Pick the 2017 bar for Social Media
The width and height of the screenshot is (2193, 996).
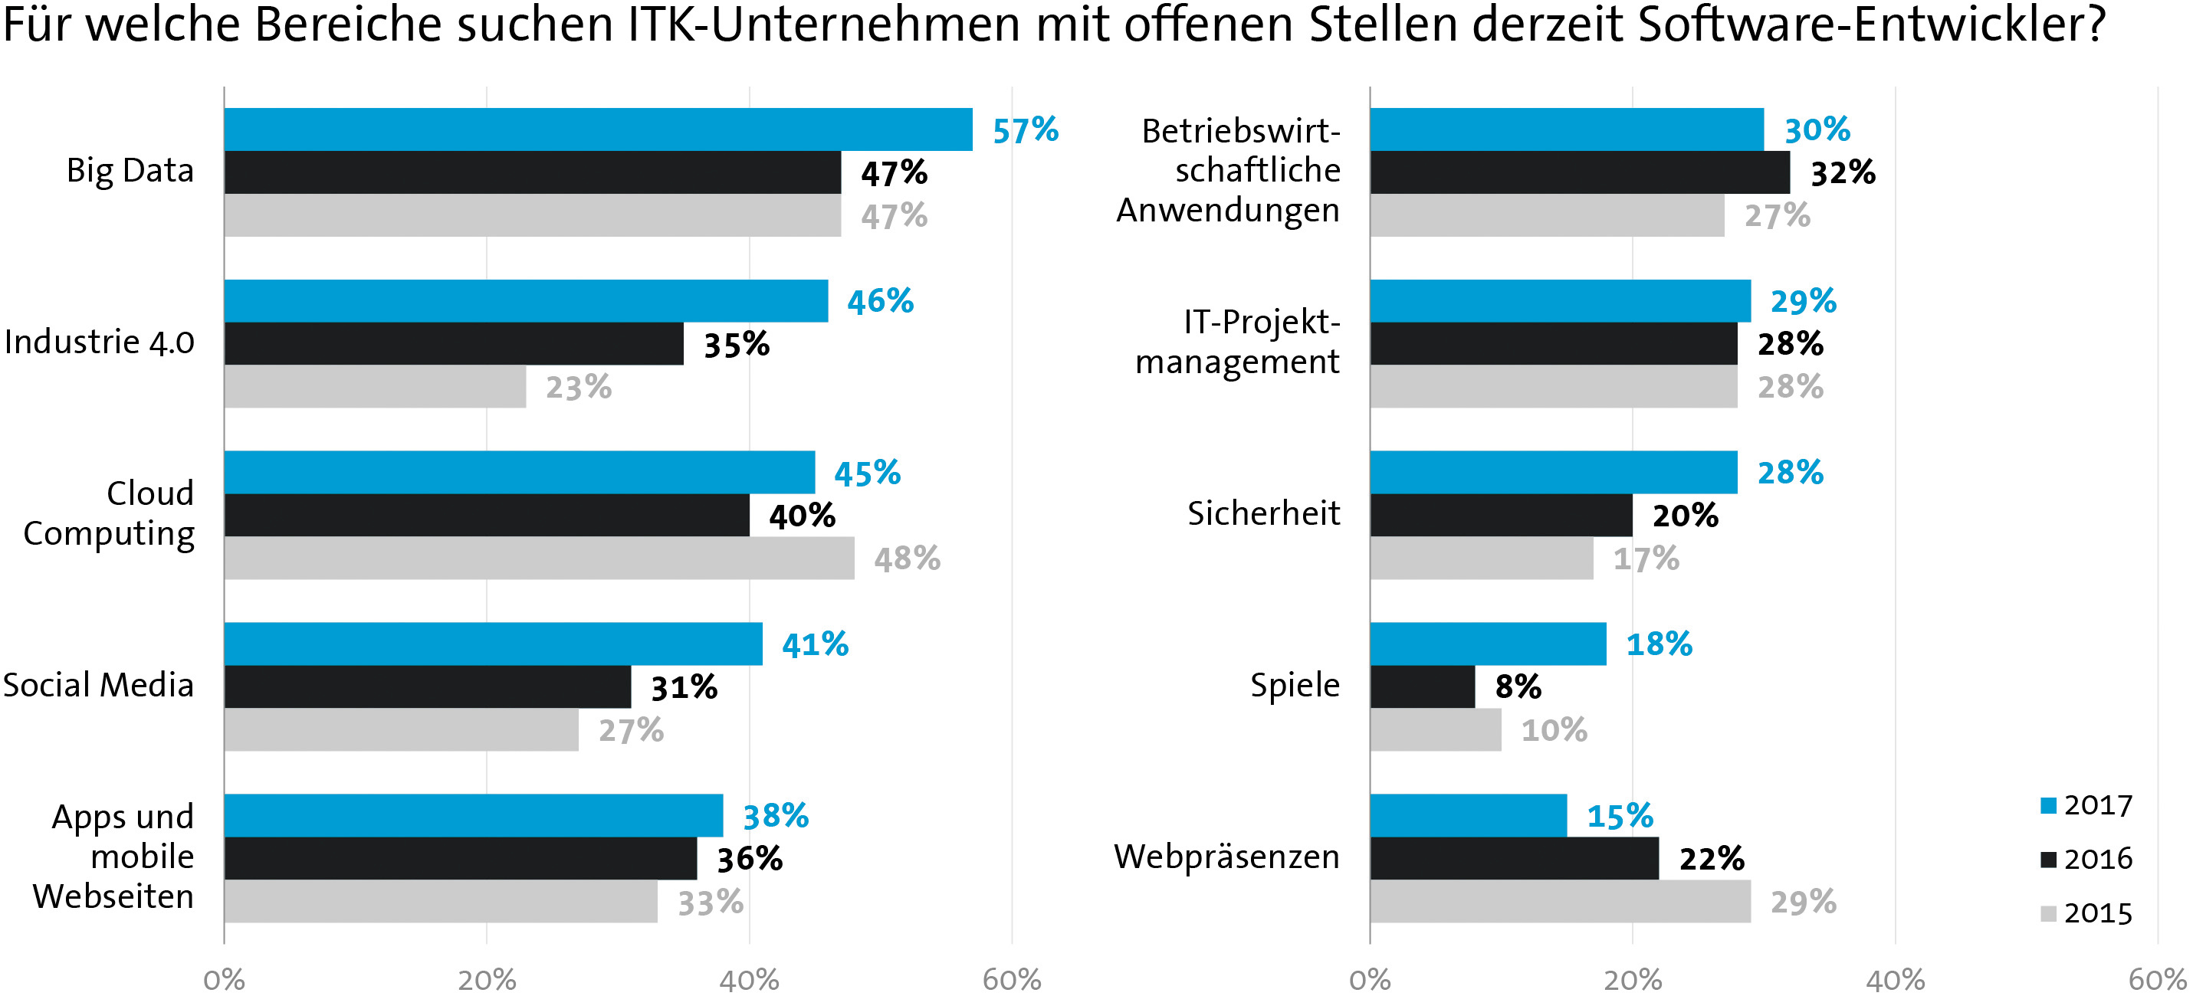pyautogui.click(x=493, y=644)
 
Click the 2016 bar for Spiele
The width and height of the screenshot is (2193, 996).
pyautogui.click(x=1423, y=686)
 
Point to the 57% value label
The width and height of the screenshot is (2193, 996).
pyautogui.click(x=1025, y=130)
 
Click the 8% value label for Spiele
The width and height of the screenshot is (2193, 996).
pyautogui.click(x=1518, y=686)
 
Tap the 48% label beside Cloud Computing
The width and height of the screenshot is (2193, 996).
pyautogui.click(x=907, y=559)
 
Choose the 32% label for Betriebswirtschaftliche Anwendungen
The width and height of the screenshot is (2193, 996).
pyautogui.click(x=1842, y=173)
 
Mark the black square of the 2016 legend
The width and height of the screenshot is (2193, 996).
pyautogui.click(x=2049, y=860)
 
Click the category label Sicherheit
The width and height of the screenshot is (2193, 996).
pyautogui.click(x=1263, y=513)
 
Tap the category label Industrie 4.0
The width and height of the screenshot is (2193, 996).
pyautogui.click(x=99, y=342)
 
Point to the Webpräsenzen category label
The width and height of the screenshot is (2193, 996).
pyautogui.click(x=1226, y=857)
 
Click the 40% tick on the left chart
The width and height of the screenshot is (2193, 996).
pyautogui.click(x=749, y=980)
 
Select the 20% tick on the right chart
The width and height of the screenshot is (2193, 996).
pyautogui.click(x=1632, y=980)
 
